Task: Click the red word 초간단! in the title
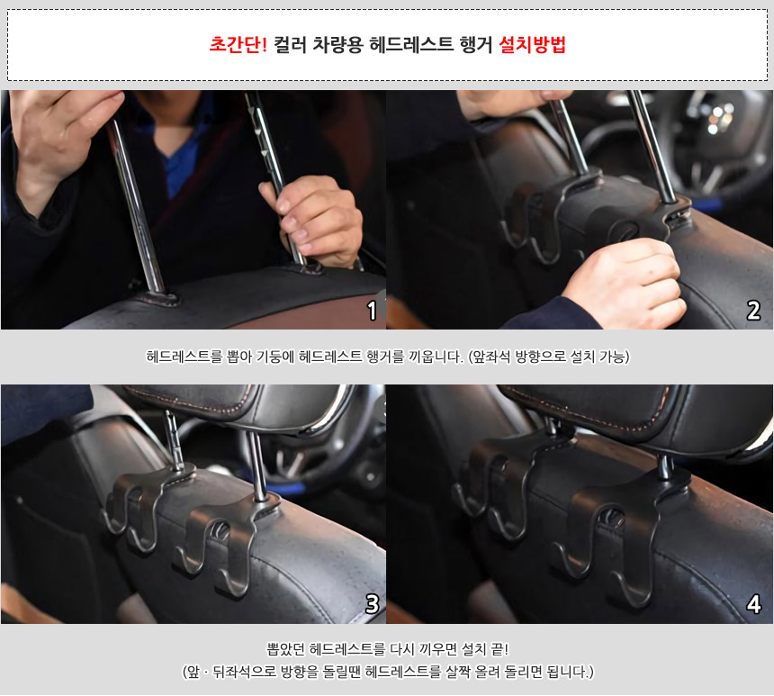pos(238,44)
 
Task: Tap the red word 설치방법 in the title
pos(532,44)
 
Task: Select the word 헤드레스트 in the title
pos(411,44)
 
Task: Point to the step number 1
pos(372,311)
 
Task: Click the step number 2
pos(753,311)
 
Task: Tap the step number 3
pos(372,603)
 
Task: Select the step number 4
pos(753,603)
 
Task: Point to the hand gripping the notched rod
pos(313,220)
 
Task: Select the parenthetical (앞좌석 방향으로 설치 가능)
pos(548,357)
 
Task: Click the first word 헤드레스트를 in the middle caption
pos(184,357)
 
